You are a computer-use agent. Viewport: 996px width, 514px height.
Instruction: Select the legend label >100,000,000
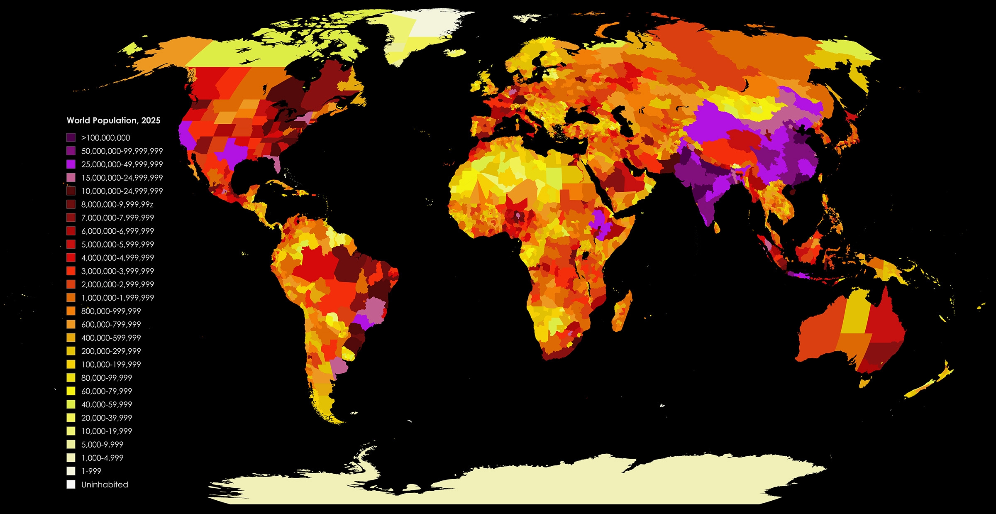pyautogui.click(x=105, y=138)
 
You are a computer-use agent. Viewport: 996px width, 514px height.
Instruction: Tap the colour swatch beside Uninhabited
pyautogui.click(x=71, y=485)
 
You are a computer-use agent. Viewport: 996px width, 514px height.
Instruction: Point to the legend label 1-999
pyautogui.click(x=91, y=471)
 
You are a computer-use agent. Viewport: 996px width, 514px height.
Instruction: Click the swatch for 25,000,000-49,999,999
pyautogui.click(x=71, y=164)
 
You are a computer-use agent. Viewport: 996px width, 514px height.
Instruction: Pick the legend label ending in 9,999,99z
pyautogui.click(x=117, y=204)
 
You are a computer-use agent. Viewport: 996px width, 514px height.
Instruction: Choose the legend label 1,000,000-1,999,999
pyautogui.click(x=117, y=298)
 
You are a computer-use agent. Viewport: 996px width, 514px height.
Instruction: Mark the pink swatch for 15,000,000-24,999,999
pyautogui.click(x=71, y=178)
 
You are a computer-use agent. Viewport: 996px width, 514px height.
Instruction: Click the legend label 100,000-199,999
pyautogui.click(x=111, y=365)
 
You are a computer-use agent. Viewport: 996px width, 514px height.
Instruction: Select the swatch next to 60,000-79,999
pyautogui.click(x=71, y=391)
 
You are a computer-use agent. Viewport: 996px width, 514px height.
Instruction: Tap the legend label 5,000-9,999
pyautogui.click(x=102, y=445)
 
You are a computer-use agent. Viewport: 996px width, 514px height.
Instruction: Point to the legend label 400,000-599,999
pyautogui.click(x=111, y=338)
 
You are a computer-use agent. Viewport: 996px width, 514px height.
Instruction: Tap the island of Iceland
pyautogui.click(x=456, y=53)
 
